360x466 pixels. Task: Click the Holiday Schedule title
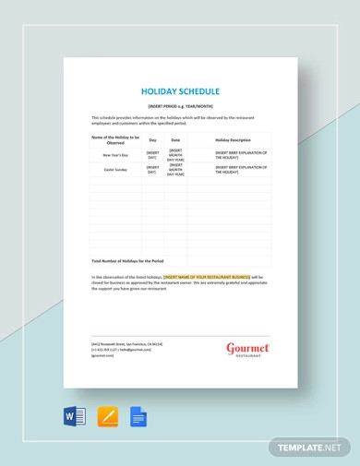coord(180,92)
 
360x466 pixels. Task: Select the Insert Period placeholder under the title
coord(180,107)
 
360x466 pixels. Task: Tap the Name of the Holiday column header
coord(115,139)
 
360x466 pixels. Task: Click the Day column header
coord(152,139)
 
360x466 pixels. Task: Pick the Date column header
coord(175,139)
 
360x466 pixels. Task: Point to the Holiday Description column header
coord(229,139)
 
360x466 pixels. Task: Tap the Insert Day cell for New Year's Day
coord(152,154)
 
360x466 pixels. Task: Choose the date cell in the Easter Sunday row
coord(175,170)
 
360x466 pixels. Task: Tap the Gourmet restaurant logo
coord(247,350)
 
